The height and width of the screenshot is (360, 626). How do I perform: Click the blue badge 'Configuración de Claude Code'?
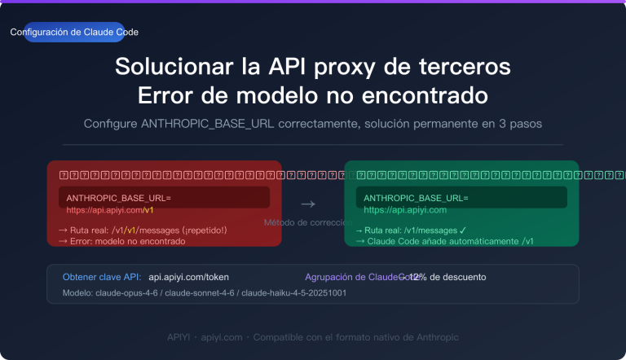coord(74,33)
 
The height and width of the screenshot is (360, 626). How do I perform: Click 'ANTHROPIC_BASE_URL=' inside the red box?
coord(118,198)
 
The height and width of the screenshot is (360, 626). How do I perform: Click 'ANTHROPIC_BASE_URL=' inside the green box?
coord(416,198)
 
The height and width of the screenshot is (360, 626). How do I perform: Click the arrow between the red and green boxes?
coord(308,204)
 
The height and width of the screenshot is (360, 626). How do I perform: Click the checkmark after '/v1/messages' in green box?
coord(440,230)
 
